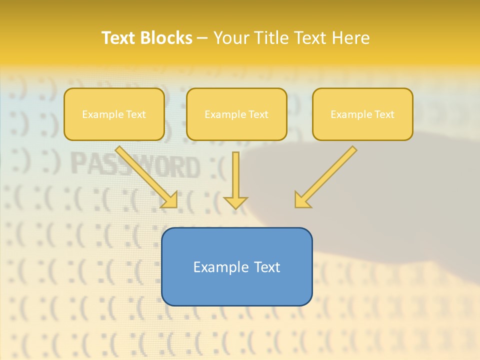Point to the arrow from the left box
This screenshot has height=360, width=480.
click(145, 175)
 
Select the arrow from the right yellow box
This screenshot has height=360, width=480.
click(327, 175)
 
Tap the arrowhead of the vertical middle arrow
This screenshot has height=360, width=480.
click(235, 202)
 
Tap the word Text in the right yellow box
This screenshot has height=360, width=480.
click(384, 114)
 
